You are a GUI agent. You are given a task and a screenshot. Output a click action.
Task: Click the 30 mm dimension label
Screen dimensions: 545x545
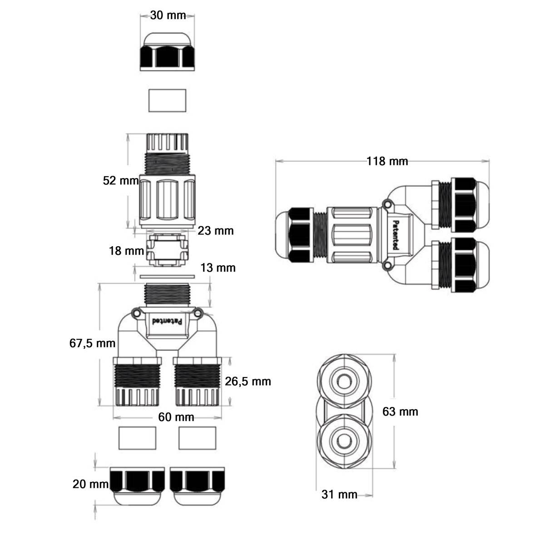tap(168, 15)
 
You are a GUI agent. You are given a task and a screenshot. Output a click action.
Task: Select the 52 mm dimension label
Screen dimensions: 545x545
tap(120, 181)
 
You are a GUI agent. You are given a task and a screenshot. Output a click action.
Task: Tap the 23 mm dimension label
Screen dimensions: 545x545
tap(215, 231)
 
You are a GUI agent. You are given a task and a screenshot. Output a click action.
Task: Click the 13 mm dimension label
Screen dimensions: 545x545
tap(218, 268)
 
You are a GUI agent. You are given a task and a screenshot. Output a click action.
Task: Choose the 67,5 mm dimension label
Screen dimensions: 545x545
tap(92, 343)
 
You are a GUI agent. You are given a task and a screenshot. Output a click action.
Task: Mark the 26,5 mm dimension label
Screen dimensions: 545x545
tap(248, 381)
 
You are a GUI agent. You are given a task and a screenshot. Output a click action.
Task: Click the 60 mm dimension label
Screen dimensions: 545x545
tap(176, 417)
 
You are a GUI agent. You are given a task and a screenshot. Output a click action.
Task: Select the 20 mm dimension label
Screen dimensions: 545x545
tap(90, 484)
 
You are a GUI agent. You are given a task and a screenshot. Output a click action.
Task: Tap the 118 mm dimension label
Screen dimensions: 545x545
tap(387, 161)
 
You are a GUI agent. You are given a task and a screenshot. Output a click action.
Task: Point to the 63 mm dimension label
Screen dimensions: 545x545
tap(400, 411)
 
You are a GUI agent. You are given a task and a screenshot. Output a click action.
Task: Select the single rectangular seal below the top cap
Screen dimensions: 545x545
tap(168, 100)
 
